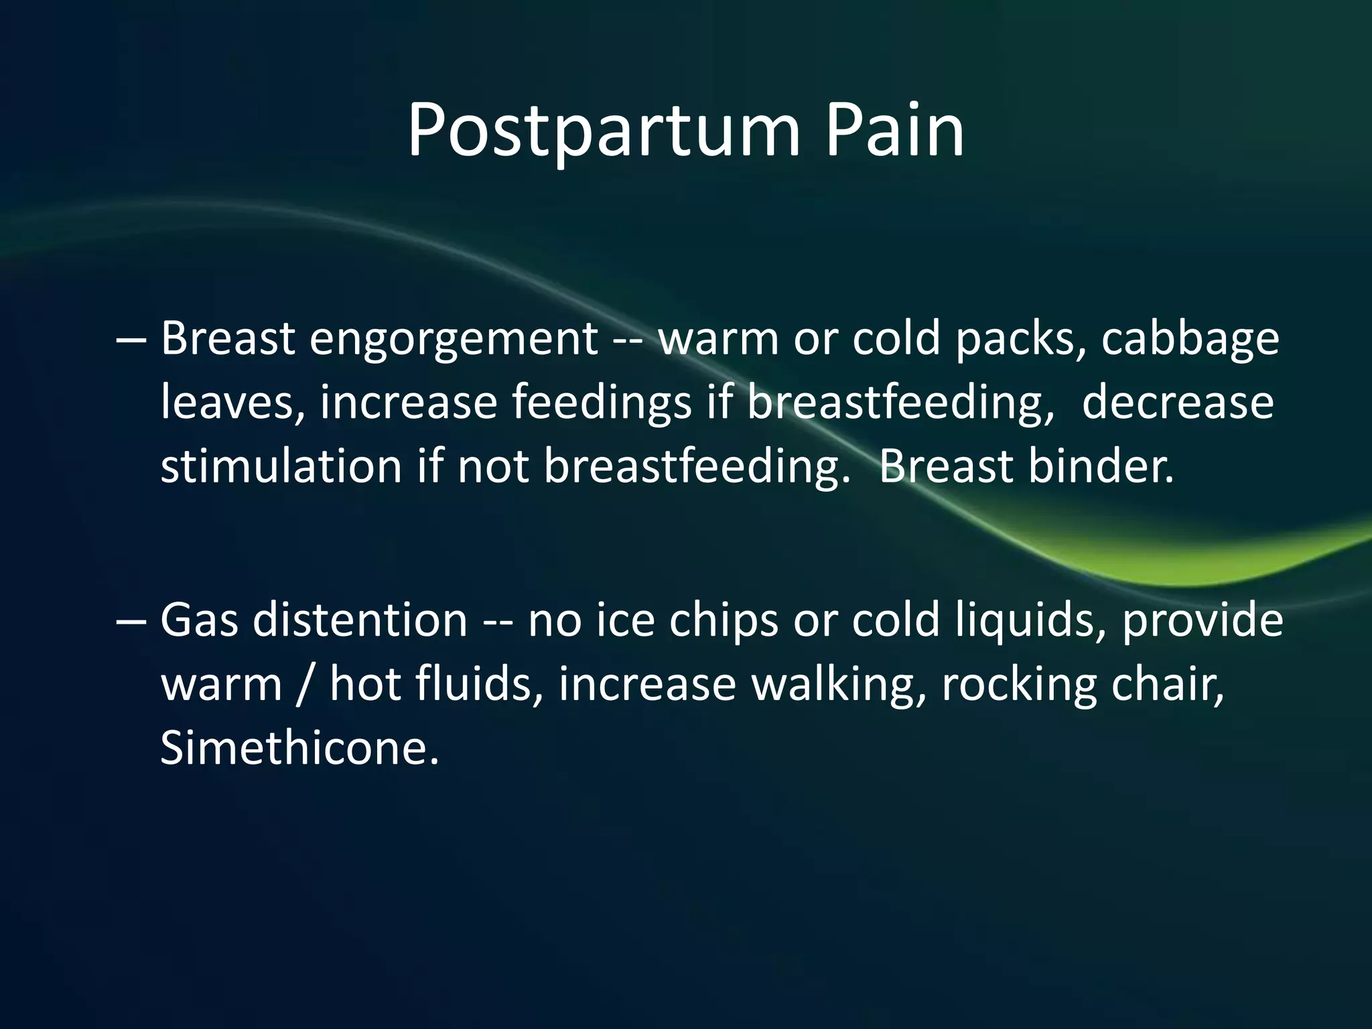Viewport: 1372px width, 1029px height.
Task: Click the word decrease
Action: [1177, 402]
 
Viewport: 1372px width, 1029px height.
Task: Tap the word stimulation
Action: [281, 466]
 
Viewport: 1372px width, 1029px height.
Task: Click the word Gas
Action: [199, 620]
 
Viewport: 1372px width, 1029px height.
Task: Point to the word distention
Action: [360, 620]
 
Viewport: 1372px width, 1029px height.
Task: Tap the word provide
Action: [1202, 620]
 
